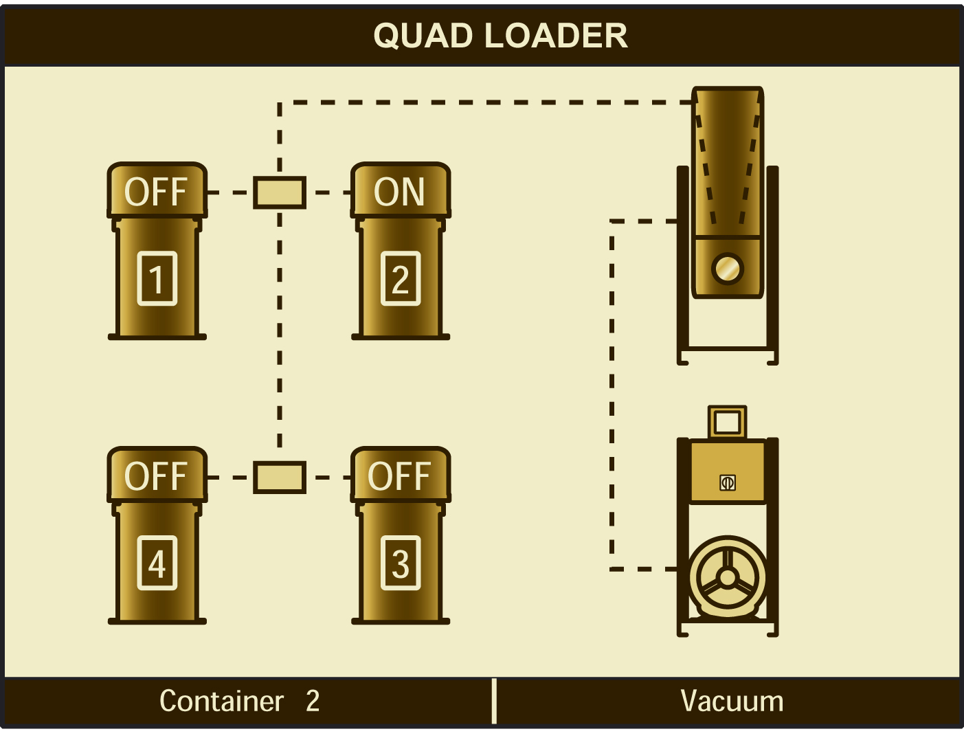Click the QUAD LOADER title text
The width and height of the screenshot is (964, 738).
click(500, 36)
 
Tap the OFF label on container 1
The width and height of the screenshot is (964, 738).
click(156, 192)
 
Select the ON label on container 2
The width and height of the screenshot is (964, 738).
click(399, 192)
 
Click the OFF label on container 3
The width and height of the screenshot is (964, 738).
click(399, 476)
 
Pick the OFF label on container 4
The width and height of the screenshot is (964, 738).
click(156, 476)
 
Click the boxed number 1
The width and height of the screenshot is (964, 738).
click(157, 278)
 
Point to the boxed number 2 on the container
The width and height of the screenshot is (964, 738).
click(401, 278)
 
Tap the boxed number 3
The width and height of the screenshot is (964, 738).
click(401, 563)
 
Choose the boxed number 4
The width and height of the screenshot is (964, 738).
click(157, 563)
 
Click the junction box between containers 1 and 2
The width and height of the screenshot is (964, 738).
click(280, 192)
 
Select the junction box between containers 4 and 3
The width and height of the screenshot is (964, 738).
click(280, 477)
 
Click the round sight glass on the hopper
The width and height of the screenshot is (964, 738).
click(727, 268)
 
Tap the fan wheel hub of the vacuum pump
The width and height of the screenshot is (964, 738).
click(727, 577)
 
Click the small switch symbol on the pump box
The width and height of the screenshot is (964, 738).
click(728, 482)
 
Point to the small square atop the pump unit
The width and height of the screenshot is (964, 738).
click(727, 421)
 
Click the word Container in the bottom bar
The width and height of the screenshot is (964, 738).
click(221, 702)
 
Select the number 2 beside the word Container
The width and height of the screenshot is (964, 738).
click(313, 702)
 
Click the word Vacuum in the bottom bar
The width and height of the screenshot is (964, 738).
click(732, 702)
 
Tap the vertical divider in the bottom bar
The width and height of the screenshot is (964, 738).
click(494, 701)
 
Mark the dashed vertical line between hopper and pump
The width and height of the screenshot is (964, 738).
click(612, 395)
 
